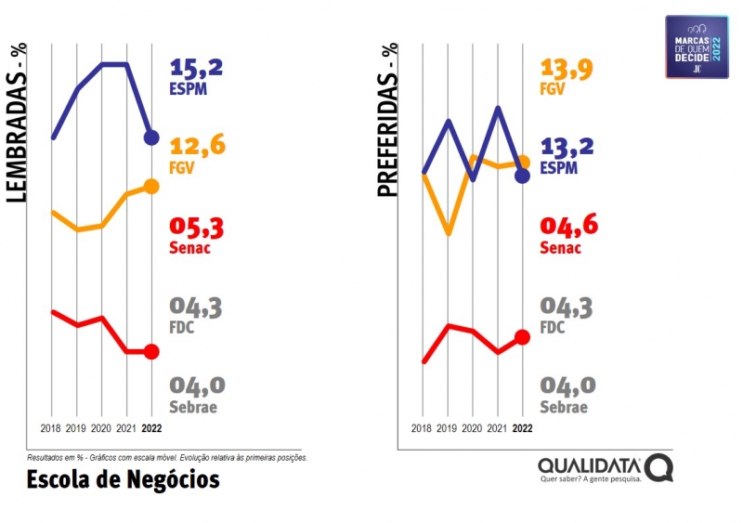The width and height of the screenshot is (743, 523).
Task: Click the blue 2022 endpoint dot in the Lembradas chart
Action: click(151, 137)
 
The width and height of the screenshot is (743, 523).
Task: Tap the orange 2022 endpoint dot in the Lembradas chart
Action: click(151, 187)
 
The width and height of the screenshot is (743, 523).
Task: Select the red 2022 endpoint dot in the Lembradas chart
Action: click(151, 352)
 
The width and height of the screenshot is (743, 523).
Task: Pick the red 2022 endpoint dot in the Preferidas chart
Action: click(522, 337)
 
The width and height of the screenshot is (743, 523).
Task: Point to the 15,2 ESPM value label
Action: click(197, 69)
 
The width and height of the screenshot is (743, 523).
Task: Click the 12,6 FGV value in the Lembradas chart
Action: click(197, 147)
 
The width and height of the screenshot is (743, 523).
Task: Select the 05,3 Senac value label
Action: click(197, 228)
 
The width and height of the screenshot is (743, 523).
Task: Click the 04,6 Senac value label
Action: click(567, 228)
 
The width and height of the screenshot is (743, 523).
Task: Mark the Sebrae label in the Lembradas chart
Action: click(193, 407)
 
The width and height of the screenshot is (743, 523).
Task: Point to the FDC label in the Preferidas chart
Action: click(553, 327)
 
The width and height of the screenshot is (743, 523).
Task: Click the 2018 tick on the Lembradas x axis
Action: click(52, 428)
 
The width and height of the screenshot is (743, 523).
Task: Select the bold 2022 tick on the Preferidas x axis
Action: click(522, 428)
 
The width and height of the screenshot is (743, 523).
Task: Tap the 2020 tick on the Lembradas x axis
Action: click(102, 428)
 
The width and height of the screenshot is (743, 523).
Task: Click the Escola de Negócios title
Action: click(123, 479)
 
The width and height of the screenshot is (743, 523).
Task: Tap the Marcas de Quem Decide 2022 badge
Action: click(697, 46)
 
